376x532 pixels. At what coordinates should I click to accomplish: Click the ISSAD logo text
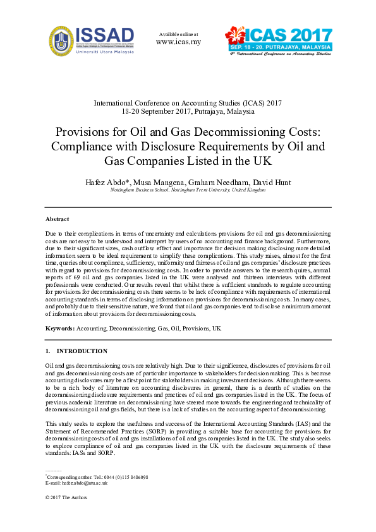pyautogui.click(x=105, y=34)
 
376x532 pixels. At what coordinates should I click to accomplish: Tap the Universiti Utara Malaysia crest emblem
pyautogui.click(x=61, y=40)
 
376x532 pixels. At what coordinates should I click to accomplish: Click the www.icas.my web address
pyautogui.click(x=178, y=42)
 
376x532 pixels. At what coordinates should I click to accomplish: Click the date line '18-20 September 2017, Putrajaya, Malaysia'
pyautogui.click(x=188, y=111)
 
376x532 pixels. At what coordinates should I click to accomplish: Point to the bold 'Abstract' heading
pyautogui.click(x=58, y=219)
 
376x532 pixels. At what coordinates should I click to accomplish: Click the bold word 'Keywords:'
pyautogui.click(x=60, y=329)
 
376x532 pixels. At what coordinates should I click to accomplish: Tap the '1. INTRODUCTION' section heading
pyautogui.click(x=76, y=351)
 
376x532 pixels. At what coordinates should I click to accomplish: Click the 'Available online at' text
pyautogui.click(x=178, y=33)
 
